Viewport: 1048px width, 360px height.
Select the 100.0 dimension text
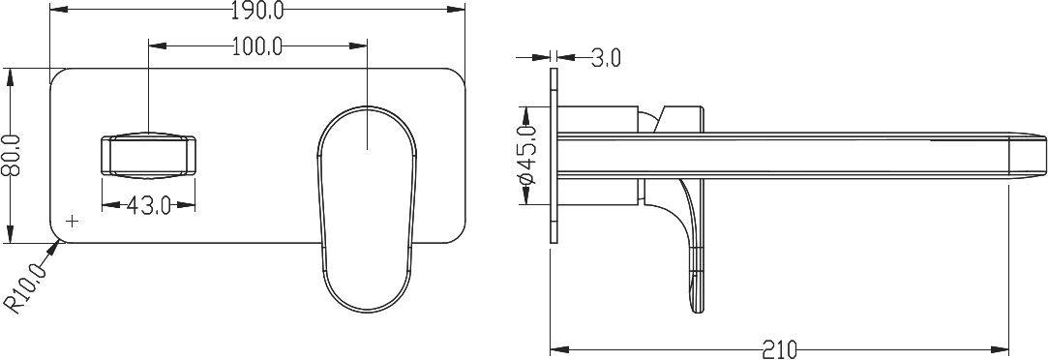(258, 46)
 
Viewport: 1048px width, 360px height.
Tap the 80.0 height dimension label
(12, 155)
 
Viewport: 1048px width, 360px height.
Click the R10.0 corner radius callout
(27, 287)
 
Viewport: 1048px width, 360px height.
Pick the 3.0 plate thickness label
(606, 59)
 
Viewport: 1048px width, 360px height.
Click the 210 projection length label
(779, 349)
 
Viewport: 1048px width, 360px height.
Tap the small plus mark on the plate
(73, 220)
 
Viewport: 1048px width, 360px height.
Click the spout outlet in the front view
(148, 155)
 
